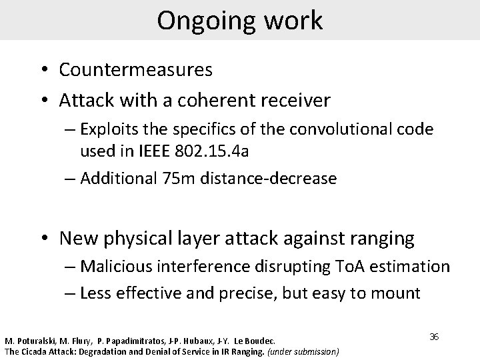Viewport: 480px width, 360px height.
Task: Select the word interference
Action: (x=212, y=267)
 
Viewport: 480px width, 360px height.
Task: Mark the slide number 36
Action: (x=434, y=337)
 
